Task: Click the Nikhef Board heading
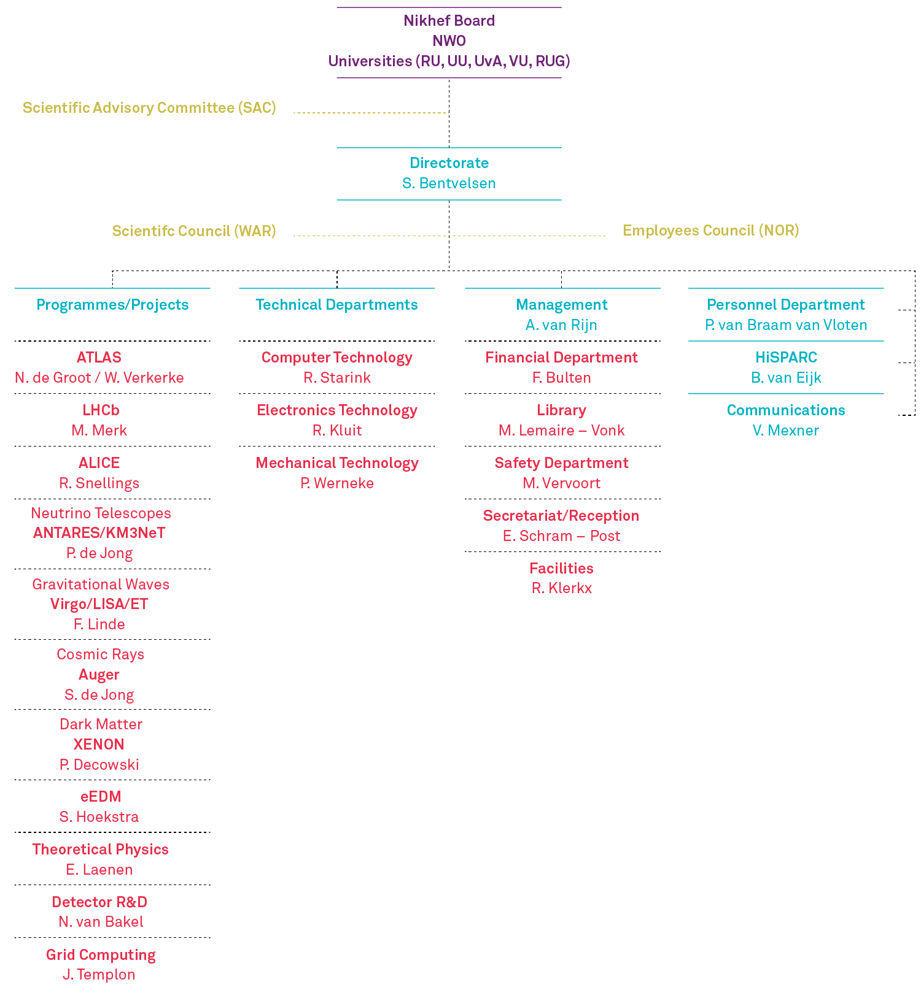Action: [x=449, y=21]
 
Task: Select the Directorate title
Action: [x=449, y=163]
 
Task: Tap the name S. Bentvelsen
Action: [x=449, y=183]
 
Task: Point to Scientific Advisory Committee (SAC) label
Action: [x=149, y=108]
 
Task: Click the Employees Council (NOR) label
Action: [x=711, y=231]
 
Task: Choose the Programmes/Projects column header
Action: [x=112, y=305]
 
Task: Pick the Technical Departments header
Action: [x=336, y=305]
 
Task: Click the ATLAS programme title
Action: [x=99, y=358]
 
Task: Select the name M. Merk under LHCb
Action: [x=99, y=431]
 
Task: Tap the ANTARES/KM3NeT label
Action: [x=99, y=533]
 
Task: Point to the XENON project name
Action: [x=99, y=745]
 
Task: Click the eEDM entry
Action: [x=101, y=797]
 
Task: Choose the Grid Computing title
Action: [x=101, y=955]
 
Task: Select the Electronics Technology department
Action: [x=337, y=410]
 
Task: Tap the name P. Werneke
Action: [x=337, y=483]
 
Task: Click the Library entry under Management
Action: [x=561, y=410]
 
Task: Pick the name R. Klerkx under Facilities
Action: [x=561, y=588]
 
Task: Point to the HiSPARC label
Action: [x=786, y=358]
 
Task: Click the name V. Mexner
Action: [x=786, y=431]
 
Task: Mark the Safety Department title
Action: [x=561, y=463]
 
